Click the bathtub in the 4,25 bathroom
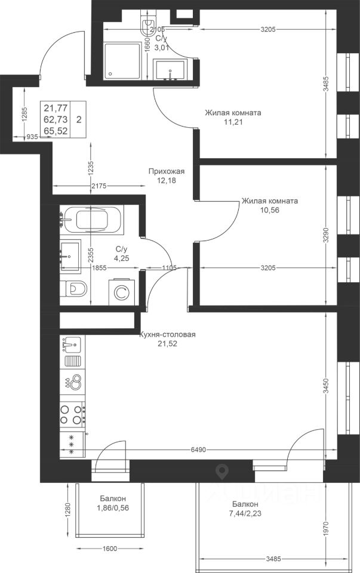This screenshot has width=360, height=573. click(x=92, y=219)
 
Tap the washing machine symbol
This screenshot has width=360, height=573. click(x=122, y=292)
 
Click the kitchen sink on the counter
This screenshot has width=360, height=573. click(x=72, y=344)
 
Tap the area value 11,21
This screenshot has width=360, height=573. click(x=233, y=122)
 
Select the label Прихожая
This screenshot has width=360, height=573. click(x=167, y=171)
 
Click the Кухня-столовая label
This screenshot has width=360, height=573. click(x=167, y=334)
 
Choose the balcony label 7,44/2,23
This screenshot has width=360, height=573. click(x=245, y=513)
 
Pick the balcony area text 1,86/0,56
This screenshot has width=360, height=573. click(x=113, y=507)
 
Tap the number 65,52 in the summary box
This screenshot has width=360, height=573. click(x=56, y=131)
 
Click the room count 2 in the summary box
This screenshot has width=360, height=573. click(x=79, y=119)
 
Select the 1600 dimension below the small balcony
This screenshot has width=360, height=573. click(x=110, y=549)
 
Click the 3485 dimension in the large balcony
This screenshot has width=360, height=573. click(x=273, y=559)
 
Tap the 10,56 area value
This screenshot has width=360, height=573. click(x=269, y=210)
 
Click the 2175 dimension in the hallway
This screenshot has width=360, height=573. click(x=99, y=186)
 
